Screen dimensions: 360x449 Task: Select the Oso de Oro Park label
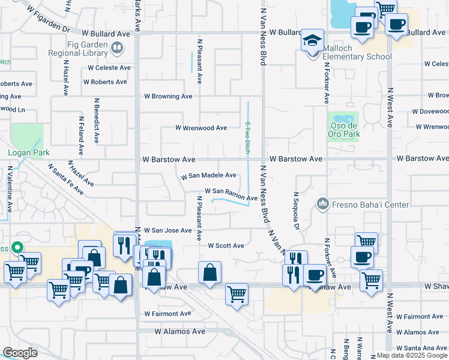point(345,130)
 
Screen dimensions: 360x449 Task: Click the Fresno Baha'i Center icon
point(323,204)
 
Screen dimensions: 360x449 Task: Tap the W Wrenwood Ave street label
point(201,128)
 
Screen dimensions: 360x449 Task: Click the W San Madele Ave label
point(209,175)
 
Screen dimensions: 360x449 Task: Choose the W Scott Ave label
point(226,245)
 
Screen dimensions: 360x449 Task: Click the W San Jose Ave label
point(167,230)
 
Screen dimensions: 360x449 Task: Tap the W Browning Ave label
point(168,96)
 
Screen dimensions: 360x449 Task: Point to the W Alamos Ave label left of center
point(180,331)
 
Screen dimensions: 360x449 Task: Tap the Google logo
point(20,352)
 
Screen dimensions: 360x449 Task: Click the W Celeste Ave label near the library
point(108,68)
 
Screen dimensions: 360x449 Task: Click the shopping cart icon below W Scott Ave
point(237,295)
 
